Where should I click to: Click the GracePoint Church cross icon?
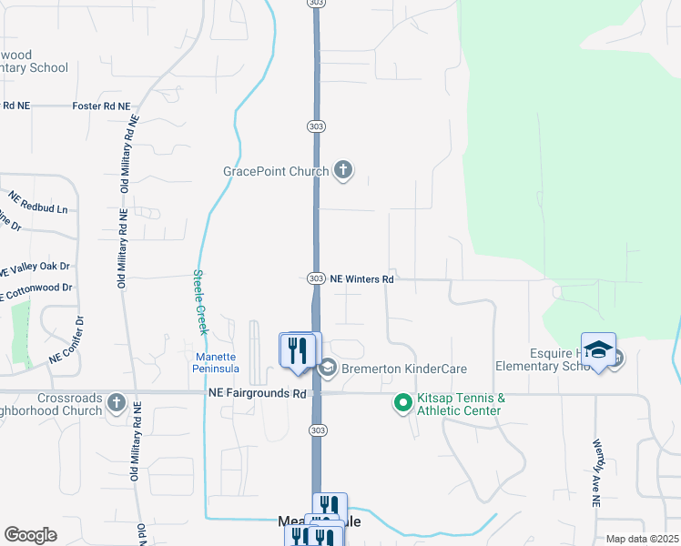(343, 170)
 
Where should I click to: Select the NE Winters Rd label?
(361, 279)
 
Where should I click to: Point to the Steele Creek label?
(200, 302)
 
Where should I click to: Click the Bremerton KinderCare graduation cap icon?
(327, 369)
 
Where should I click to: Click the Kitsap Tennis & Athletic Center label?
(461, 405)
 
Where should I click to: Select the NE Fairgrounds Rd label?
(257, 393)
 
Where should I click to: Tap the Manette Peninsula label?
(217, 362)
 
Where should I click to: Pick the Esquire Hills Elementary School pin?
(598, 349)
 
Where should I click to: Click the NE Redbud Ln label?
(38, 202)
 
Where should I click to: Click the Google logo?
(30, 534)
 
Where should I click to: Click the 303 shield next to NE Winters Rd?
(315, 278)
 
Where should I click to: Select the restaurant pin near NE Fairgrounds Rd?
(297, 350)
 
